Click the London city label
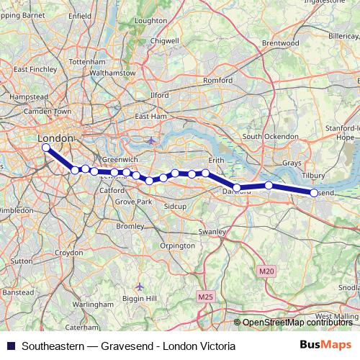[54, 138]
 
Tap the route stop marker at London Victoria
[46, 148]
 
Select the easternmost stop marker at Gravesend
[314, 192]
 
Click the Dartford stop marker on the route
[237, 188]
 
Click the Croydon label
[69, 253]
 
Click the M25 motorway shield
[205, 296]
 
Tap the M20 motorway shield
[266, 271]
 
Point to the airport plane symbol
[150, 140]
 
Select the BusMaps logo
[326, 346]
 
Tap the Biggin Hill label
[140, 298]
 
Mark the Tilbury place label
[315, 176]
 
